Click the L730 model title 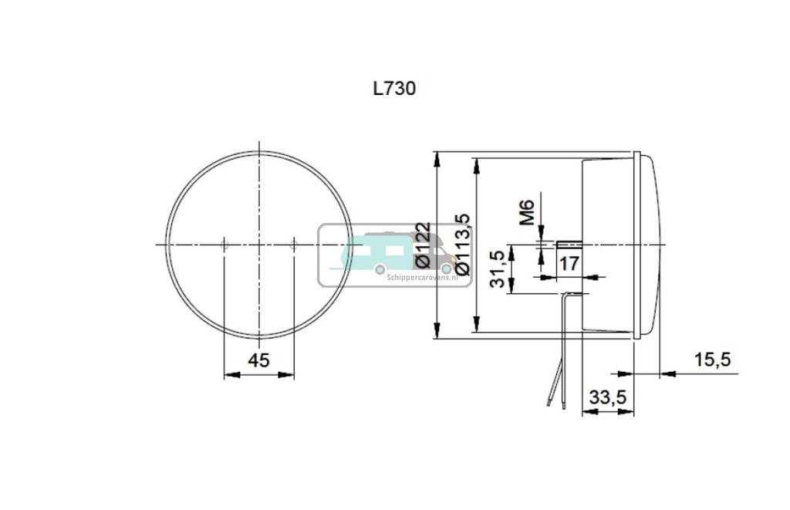[394, 89]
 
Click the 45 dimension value [258, 360]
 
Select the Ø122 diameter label [422, 245]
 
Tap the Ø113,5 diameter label [463, 245]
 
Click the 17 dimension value [569, 264]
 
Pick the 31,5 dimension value [498, 269]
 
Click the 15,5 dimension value [712, 359]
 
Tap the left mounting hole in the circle [224, 245]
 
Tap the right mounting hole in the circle [293, 245]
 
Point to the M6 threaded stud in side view [569, 245]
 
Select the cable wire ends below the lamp [555, 397]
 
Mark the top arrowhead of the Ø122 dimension [437, 158]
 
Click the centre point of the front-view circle [258, 245]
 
